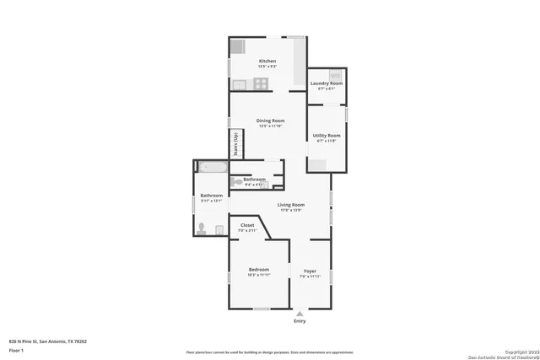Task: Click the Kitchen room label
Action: pos(267,62)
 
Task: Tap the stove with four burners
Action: pos(262,83)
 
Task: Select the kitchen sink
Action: pos(240,83)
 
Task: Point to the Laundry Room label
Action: pos(326,83)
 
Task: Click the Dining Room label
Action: pos(270,121)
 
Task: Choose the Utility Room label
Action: pos(327,136)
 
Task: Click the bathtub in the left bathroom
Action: pos(212,167)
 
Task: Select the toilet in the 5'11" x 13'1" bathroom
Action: pos(201,228)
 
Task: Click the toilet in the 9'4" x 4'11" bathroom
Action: pos(237,180)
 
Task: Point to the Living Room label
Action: pos(291,204)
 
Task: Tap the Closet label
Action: pos(247,225)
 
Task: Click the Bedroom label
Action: pos(258,269)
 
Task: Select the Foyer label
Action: pos(310,271)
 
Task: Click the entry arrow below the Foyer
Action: pos(299,313)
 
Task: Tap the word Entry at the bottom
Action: pos(300,321)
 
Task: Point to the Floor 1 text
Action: pos(16,350)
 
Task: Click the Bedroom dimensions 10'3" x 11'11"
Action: pos(258,275)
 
